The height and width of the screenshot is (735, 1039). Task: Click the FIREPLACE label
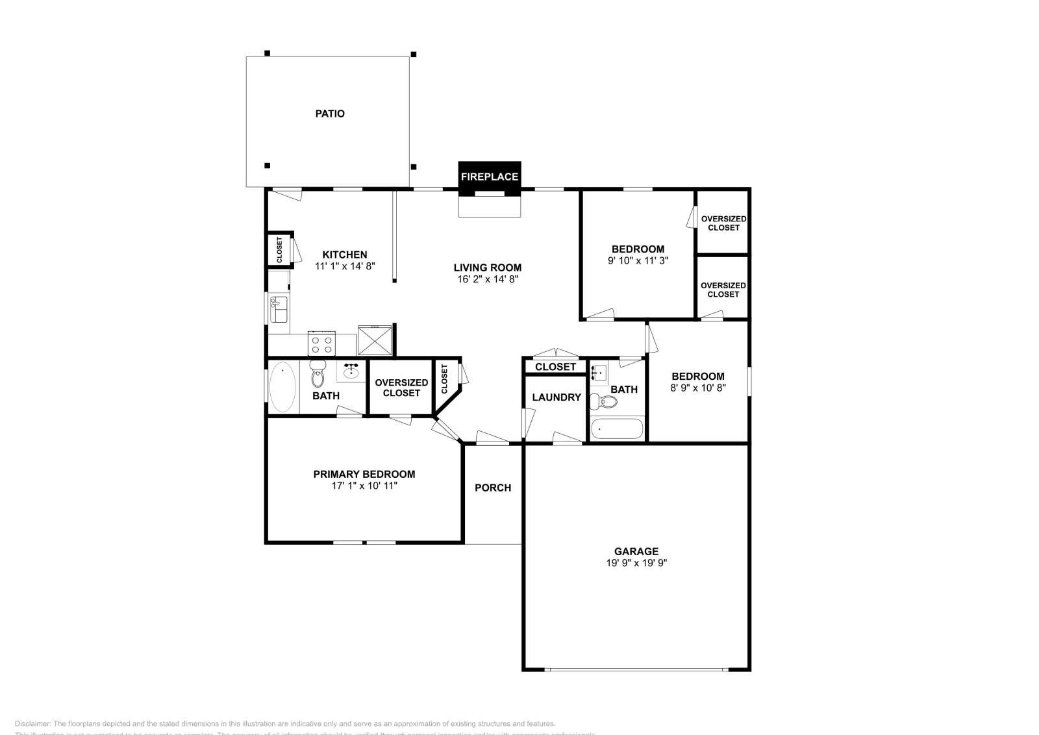click(x=489, y=177)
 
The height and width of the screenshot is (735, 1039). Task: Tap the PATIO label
click(x=330, y=114)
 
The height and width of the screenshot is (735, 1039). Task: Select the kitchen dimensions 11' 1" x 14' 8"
click(x=345, y=266)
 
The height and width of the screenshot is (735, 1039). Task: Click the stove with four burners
click(x=321, y=343)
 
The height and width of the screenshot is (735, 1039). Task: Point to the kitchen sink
click(x=279, y=310)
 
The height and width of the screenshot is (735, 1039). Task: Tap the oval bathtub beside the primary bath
click(x=282, y=387)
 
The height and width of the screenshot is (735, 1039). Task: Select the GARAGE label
click(x=636, y=551)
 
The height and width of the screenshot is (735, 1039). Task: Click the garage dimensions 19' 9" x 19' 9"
click(x=636, y=563)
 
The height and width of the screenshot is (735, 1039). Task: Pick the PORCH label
click(x=493, y=488)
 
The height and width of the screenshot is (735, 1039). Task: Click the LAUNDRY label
click(x=556, y=397)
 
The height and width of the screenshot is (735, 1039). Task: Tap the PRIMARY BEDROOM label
click(x=364, y=474)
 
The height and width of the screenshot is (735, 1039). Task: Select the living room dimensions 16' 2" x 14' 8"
click(x=487, y=279)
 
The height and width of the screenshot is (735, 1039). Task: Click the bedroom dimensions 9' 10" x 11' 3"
click(x=638, y=260)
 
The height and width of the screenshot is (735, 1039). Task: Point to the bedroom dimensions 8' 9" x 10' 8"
click(x=697, y=388)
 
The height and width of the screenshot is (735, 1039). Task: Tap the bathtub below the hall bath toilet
click(x=616, y=429)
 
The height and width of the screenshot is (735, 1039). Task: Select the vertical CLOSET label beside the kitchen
click(x=280, y=250)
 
